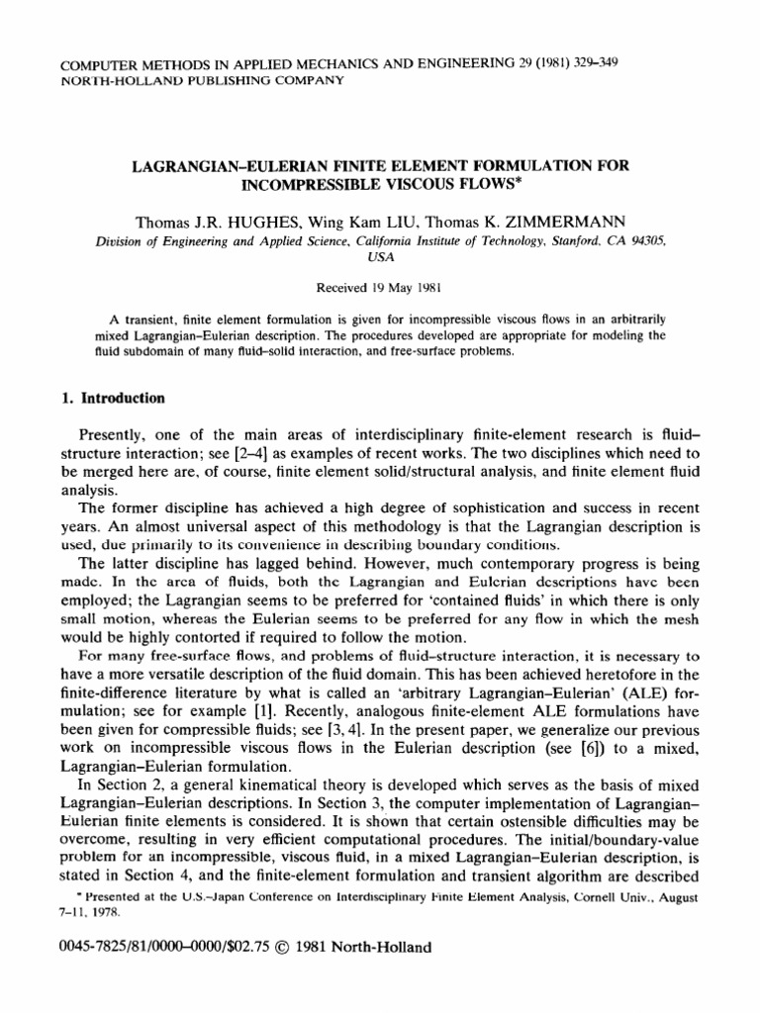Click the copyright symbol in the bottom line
click(x=272, y=947)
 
